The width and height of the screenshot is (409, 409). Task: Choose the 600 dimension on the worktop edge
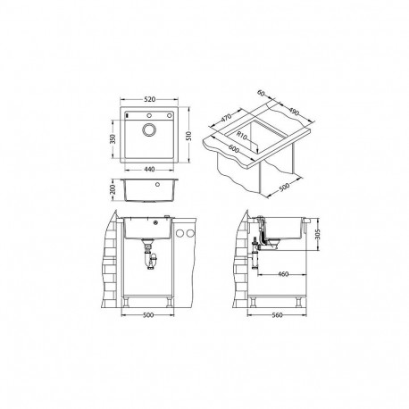tap(236, 154)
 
